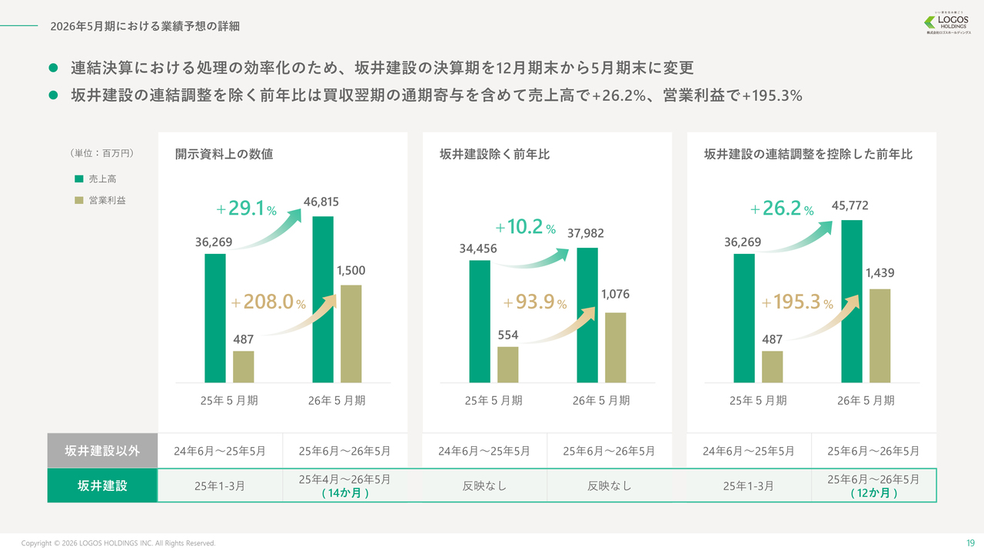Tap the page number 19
[970, 542]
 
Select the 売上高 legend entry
[96, 179]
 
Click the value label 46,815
[321, 202]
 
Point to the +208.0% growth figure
[268, 302]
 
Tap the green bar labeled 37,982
[587, 315]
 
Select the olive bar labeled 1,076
[615, 347]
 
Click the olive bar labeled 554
[507, 364]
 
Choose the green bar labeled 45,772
[852, 301]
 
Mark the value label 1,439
[879, 272]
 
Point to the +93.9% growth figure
[535, 302]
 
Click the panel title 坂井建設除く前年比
[494, 155]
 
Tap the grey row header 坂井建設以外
[102, 451]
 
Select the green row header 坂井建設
[102, 486]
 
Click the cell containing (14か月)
[344, 486]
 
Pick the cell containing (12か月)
[873, 486]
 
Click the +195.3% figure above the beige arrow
[797, 302]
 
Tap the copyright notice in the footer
[118, 543]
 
